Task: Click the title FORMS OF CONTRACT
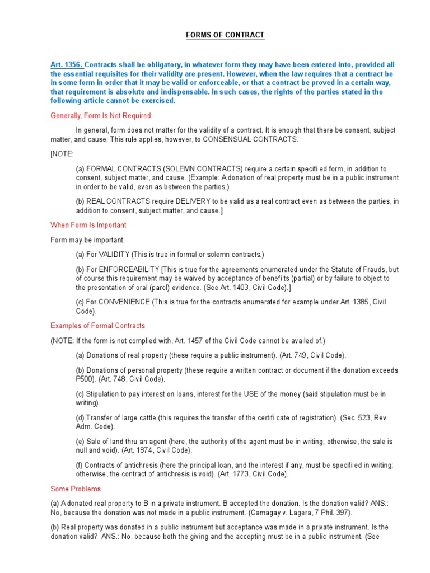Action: click(x=225, y=35)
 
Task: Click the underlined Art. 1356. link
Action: click(x=66, y=65)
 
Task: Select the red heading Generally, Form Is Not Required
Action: click(x=100, y=116)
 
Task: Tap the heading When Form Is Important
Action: click(x=88, y=225)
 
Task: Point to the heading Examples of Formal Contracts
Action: click(x=97, y=326)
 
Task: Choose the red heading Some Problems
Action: click(x=76, y=489)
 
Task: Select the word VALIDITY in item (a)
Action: click(x=110, y=254)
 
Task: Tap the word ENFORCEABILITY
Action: click(x=129, y=269)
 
